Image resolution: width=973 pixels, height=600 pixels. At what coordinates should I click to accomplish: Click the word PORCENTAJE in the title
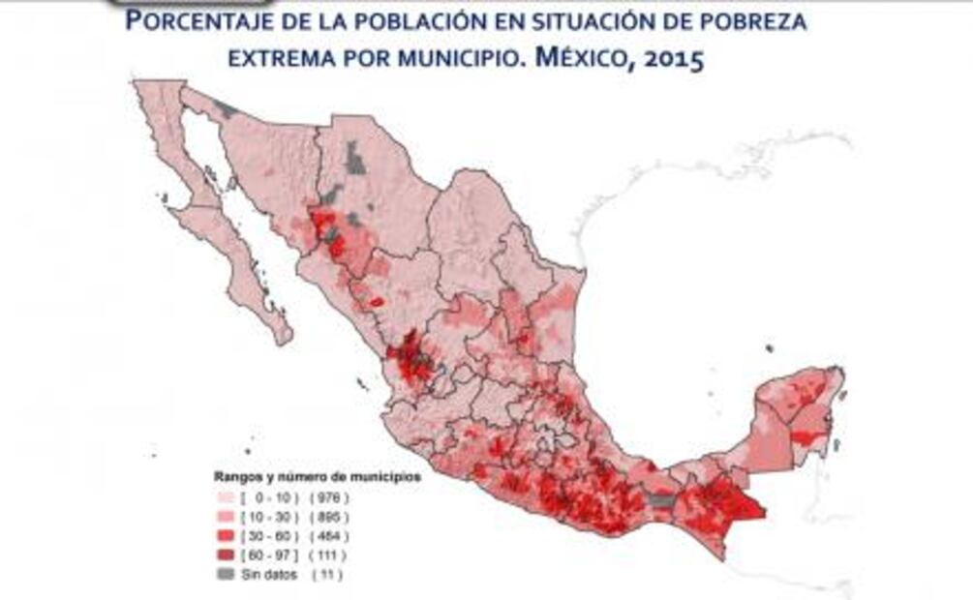coord(208,21)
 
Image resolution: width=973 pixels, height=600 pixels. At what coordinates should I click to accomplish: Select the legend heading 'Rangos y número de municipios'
coord(316,477)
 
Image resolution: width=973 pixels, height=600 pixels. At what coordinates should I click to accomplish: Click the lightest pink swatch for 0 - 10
coord(225,497)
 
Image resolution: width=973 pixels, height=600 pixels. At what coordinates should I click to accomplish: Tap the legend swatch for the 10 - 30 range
coord(225,517)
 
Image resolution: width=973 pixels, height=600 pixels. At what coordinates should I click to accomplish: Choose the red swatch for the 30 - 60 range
coord(225,536)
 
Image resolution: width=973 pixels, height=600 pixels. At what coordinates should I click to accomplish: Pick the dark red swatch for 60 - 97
coord(225,555)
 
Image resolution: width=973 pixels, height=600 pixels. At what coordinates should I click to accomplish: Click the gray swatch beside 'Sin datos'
coord(225,575)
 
